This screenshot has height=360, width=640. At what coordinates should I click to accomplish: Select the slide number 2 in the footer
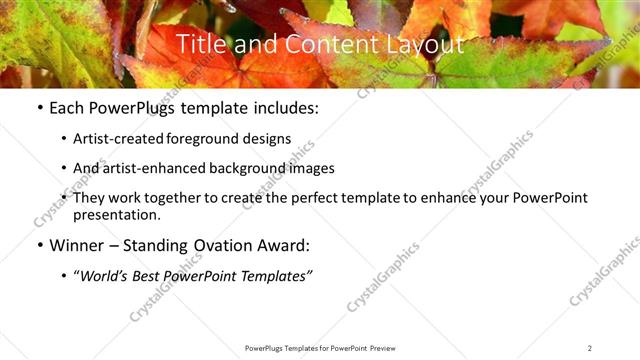click(590, 348)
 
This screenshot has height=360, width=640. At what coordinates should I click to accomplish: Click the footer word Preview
click(389, 348)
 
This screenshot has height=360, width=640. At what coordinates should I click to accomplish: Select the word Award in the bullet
click(284, 245)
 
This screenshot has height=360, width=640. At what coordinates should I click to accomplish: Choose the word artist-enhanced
click(150, 169)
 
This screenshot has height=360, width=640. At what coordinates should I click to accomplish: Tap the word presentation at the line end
click(116, 215)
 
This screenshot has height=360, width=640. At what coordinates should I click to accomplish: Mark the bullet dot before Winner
click(39, 245)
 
